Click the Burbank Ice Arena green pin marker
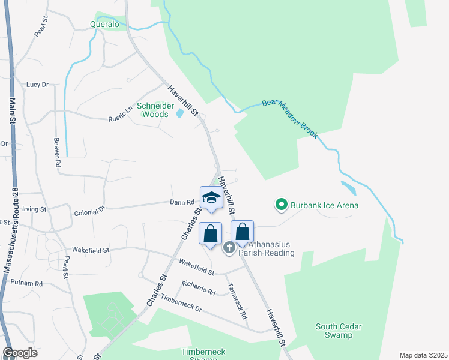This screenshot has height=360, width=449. [x=280, y=206]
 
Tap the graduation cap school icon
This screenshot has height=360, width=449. [x=211, y=197]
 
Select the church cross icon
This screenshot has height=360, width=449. [x=229, y=247]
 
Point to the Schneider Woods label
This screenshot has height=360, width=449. [x=152, y=110]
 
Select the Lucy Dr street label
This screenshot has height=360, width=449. [x=37, y=85]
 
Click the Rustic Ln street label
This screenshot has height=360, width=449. [x=120, y=115]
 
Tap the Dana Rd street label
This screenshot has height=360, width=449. [x=182, y=203]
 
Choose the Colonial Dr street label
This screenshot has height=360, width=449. [x=89, y=211]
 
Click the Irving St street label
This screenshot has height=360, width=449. [x=34, y=209]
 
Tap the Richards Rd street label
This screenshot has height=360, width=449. [x=199, y=287]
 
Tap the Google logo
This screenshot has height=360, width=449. [x=20, y=353]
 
